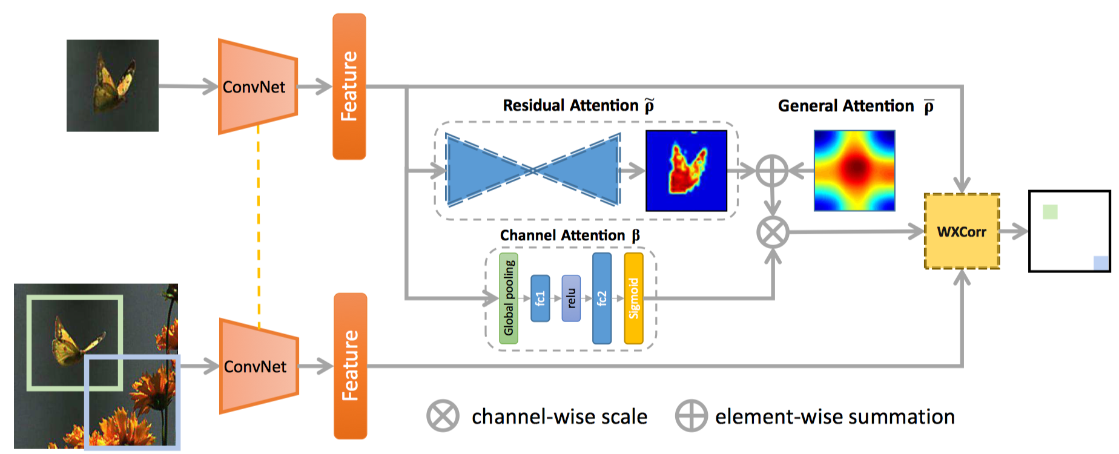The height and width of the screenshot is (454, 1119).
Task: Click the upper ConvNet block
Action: point(258,87)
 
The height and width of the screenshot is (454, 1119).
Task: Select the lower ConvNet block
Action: point(259,366)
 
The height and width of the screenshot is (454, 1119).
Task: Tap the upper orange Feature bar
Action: point(349,87)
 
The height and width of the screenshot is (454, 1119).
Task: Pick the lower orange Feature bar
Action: point(351,366)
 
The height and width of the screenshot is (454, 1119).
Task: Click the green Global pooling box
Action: point(509,298)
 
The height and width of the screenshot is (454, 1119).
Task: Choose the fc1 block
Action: point(540,298)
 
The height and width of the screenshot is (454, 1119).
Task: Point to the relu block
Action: point(571,298)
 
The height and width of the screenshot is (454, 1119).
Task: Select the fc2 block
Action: point(602,298)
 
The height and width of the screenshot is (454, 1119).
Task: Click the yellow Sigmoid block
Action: point(633,298)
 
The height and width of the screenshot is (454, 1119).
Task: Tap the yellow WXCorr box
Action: point(962,231)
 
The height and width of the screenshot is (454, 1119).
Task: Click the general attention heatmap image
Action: point(854,171)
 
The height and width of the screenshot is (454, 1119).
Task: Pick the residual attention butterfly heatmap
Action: point(686,171)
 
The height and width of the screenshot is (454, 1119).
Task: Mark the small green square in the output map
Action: point(1050,212)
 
